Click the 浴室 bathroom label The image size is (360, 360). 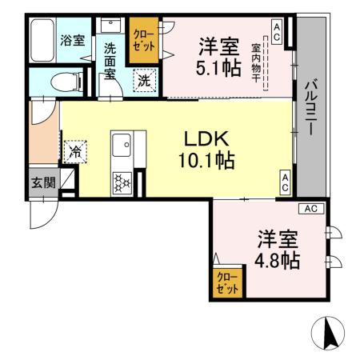click(73, 40)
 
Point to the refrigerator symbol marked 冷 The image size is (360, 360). click(77, 150)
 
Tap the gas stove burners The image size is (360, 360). click(122, 183)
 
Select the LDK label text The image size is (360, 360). click(206, 138)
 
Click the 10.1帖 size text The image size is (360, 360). click(206, 161)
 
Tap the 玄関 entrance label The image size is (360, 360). click(43, 182)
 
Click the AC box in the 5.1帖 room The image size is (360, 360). click(277, 31)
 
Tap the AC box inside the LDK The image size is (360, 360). click(285, 182)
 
